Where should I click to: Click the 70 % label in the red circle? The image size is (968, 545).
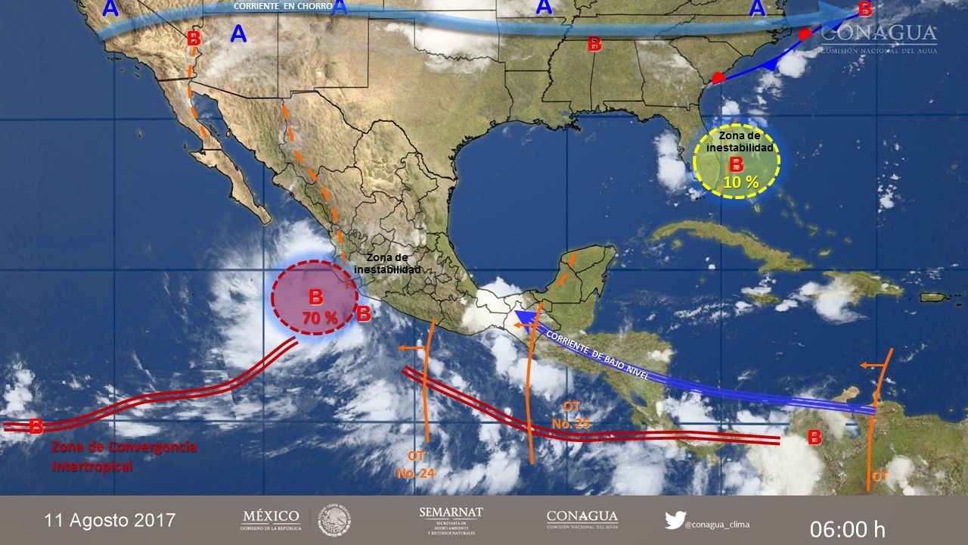[320, 318]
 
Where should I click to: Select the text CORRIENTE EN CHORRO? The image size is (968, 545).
[283, 6]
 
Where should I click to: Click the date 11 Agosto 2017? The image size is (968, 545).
[110, 521]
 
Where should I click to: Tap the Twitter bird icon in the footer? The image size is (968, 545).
[675, 520]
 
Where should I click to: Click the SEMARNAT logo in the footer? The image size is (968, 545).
[451, 519]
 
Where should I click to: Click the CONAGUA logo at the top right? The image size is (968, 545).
[878, 36]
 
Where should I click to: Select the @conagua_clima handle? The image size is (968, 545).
[718, 523]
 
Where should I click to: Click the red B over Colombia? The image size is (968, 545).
[814, 438]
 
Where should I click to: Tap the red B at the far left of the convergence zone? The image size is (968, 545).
[36, 427]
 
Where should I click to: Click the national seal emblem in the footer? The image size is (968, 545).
[334, 520]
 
